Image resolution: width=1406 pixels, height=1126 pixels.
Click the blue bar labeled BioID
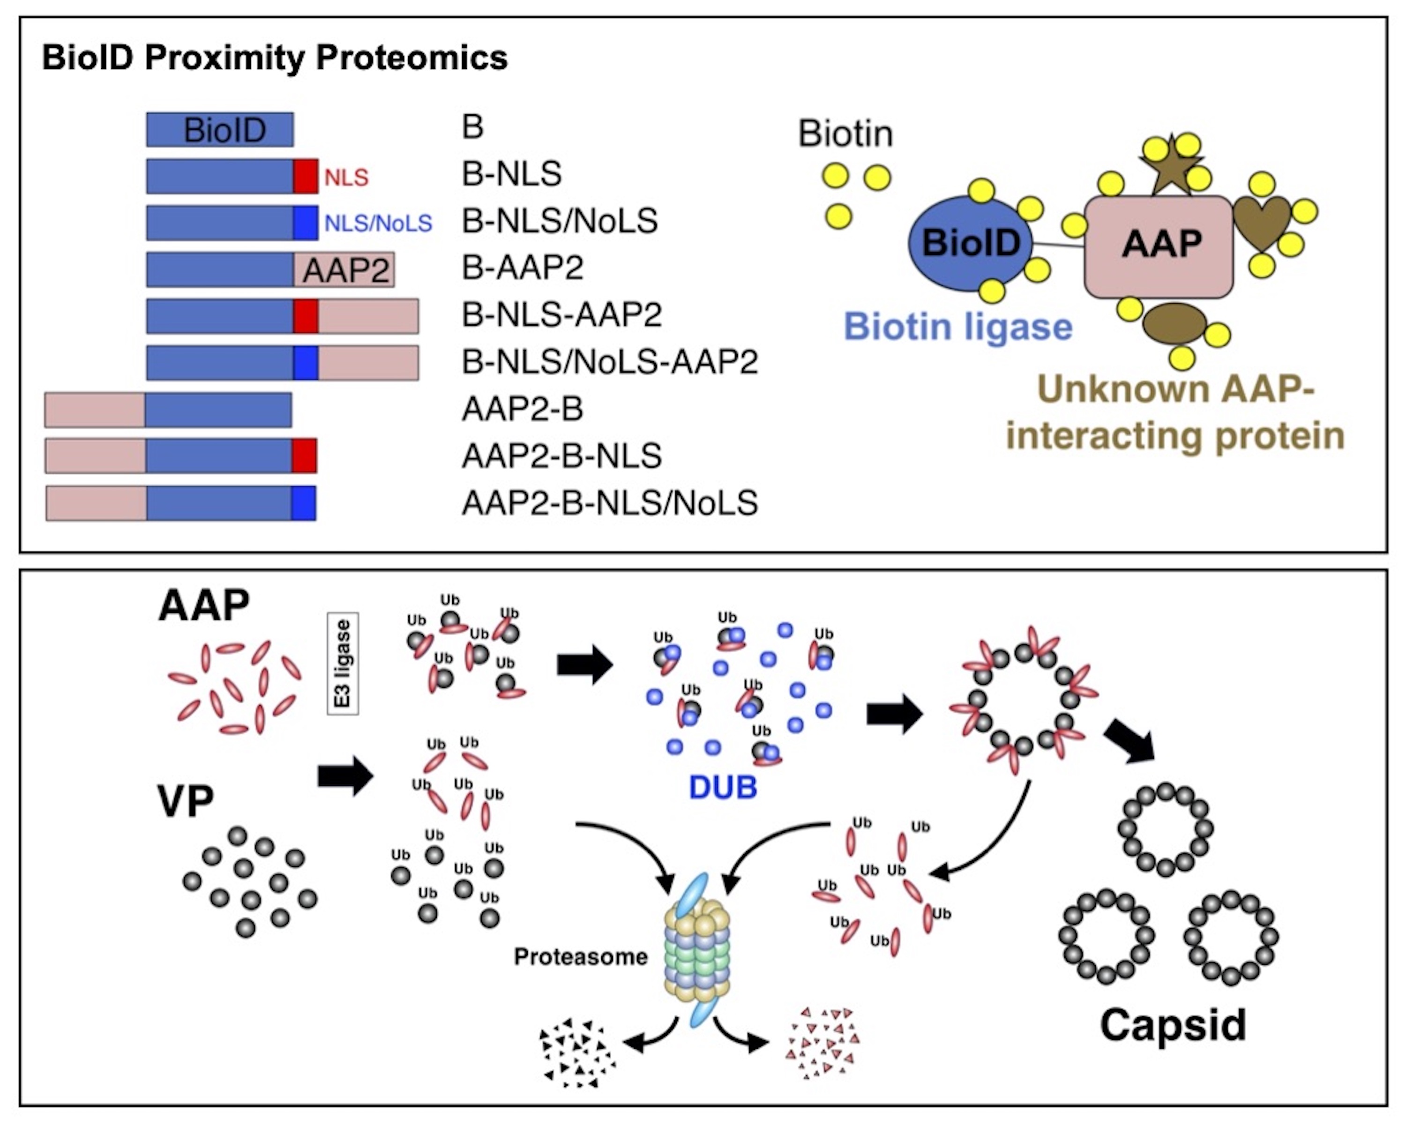220,130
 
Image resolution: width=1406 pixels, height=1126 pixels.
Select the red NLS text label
346,177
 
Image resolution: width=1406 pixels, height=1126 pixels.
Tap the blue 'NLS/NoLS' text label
378,224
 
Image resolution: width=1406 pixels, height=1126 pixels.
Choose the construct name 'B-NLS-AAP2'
561,315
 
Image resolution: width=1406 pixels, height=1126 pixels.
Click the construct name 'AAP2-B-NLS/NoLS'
610,503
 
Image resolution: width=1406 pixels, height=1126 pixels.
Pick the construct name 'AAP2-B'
523,409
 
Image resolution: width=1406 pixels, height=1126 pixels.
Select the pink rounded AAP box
1159,246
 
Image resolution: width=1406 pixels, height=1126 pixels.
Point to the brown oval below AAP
1174,323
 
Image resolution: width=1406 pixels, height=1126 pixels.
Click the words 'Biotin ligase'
958,327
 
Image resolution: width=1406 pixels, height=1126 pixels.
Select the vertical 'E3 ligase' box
343,663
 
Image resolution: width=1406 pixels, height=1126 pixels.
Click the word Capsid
1173,1024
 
